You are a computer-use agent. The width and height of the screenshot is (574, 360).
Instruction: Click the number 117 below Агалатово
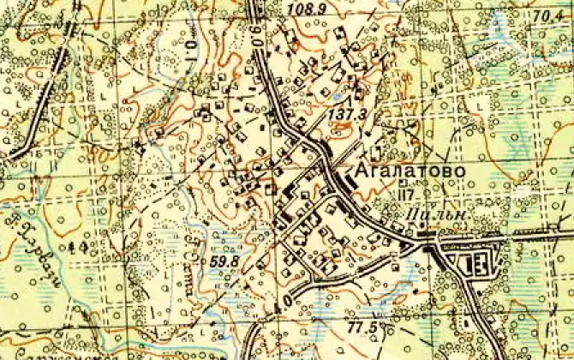tap(405, 195)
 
